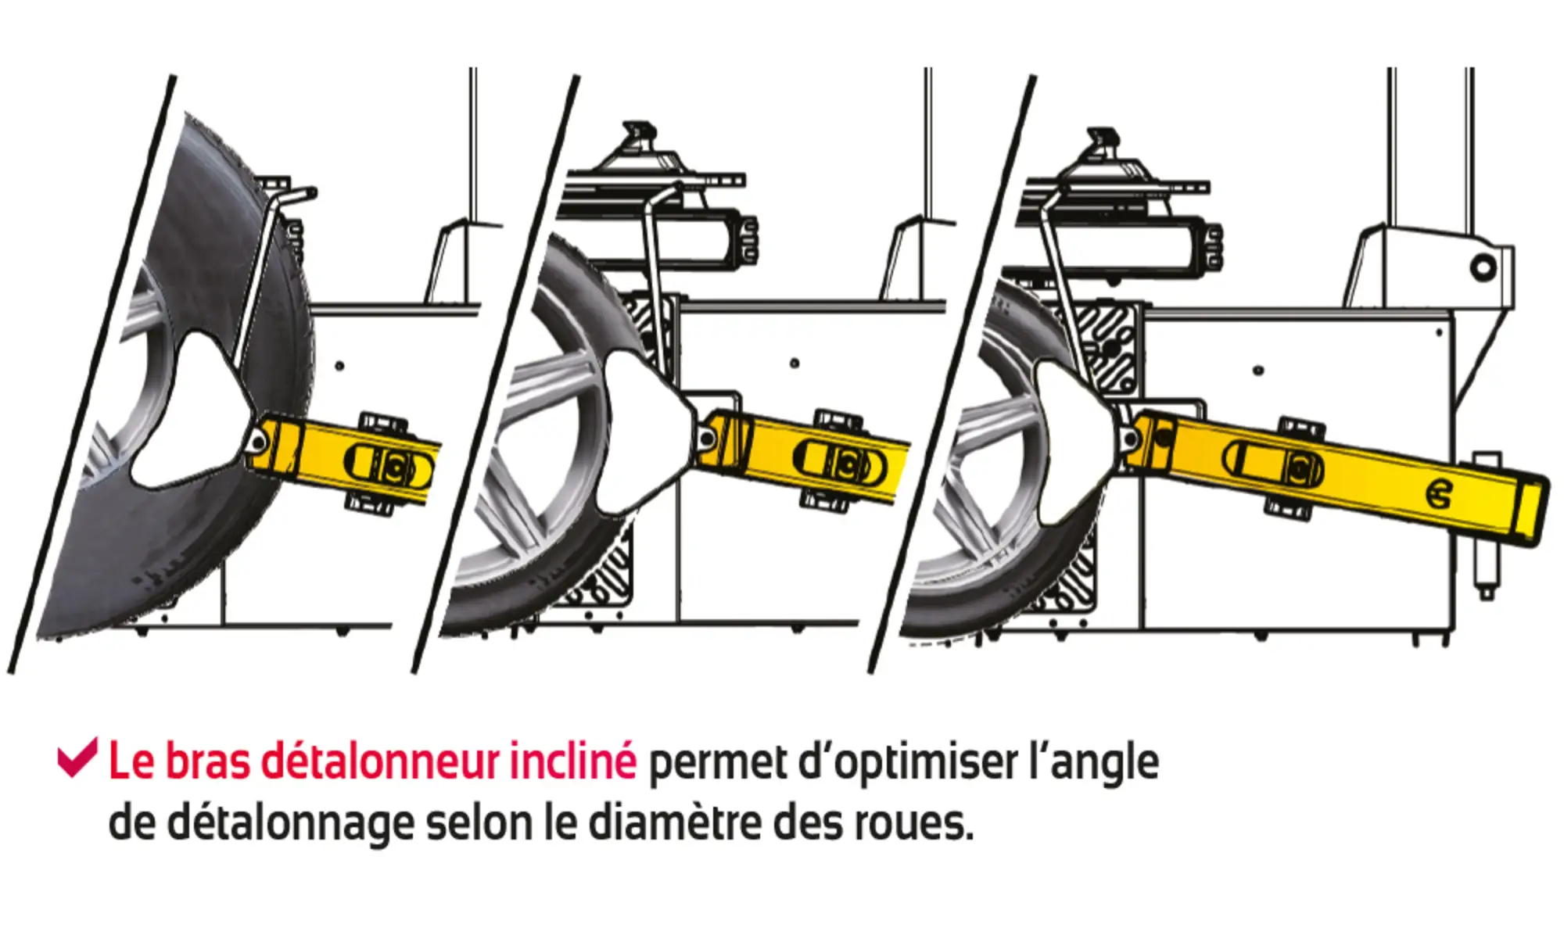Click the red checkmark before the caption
click(x=77, y=758)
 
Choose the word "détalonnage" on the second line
click(x=290, y=824)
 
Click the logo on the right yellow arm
click(x=1440, y=495)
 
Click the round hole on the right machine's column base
click(x=1483, y=268)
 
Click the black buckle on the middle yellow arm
click(x=841, y=462)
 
